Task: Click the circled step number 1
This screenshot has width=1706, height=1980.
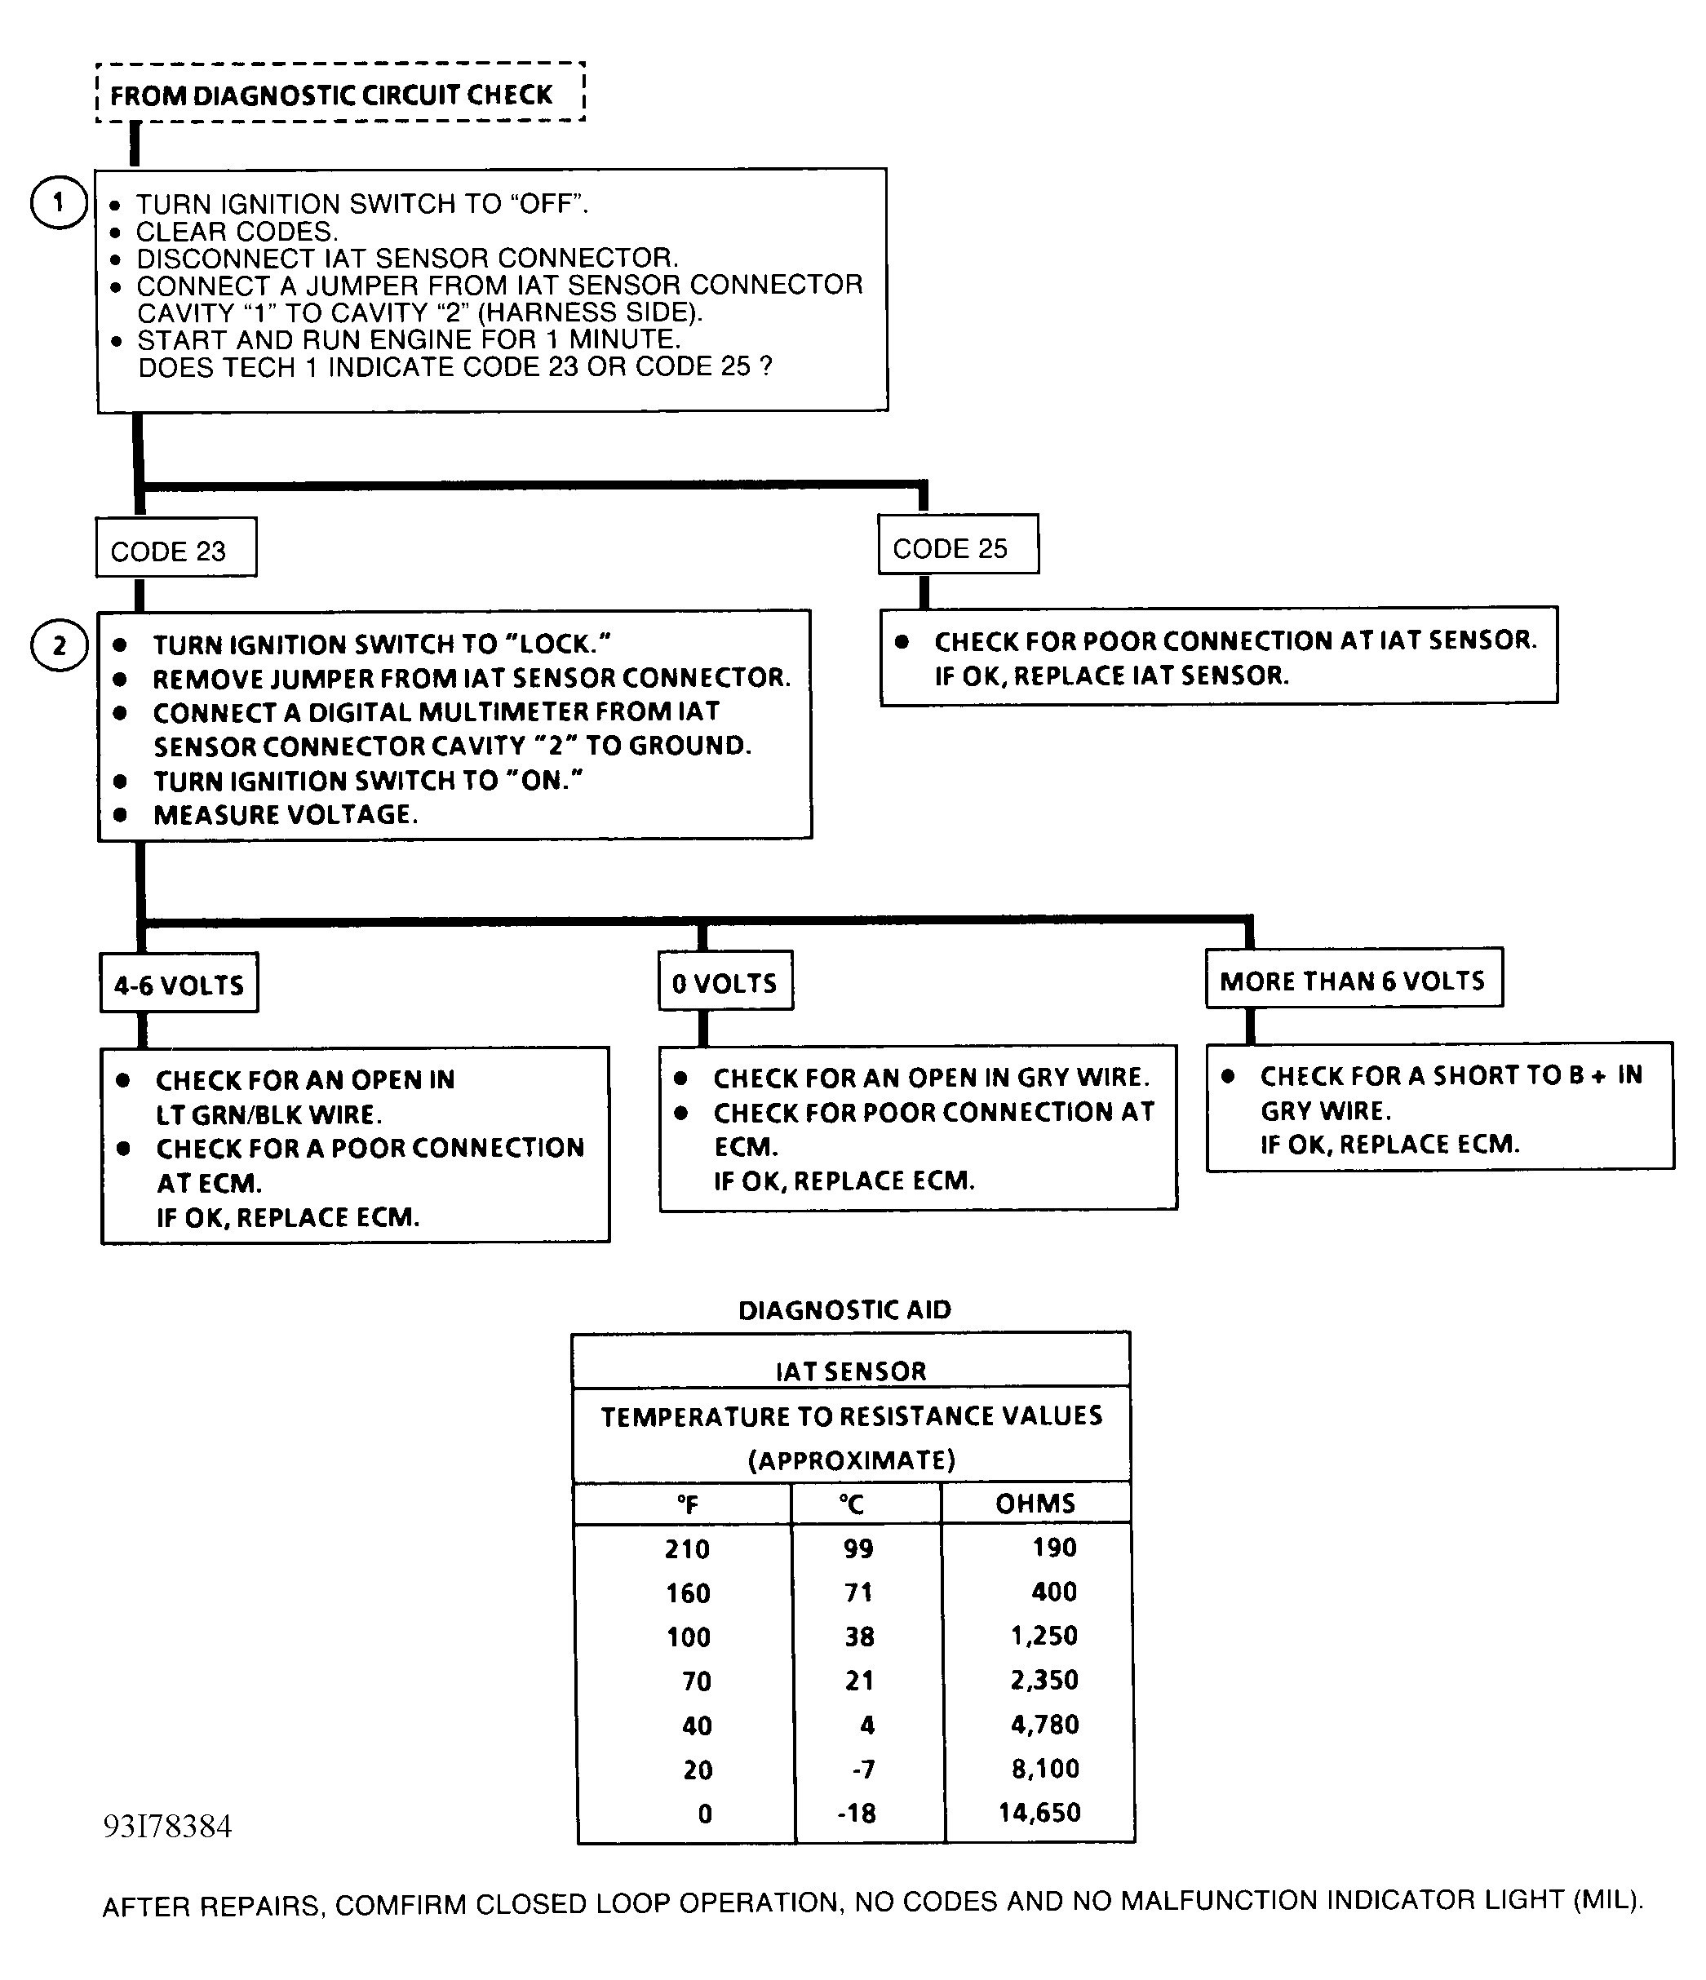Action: (58, 202)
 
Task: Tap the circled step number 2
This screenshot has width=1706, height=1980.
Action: (58, 645)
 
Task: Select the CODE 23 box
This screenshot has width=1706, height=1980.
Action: (176, 547)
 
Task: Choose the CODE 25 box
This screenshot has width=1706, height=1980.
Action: (958, 545)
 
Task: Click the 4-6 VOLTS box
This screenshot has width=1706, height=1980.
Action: (179, 983)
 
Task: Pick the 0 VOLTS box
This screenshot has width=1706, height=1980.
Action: (725, 981)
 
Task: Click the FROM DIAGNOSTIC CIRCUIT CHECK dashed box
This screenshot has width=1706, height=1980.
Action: (339, 94)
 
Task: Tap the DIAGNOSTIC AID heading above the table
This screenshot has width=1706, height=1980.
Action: (845, 1309)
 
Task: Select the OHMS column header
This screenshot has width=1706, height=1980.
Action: (1035, 1504)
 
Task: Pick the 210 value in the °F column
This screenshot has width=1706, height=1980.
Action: (687, 1548)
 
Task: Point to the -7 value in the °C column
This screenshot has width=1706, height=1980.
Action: (862, 1769)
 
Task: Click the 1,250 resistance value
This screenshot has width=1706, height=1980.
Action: (1044, 1635)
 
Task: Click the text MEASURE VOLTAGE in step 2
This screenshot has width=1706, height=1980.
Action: (285, 815)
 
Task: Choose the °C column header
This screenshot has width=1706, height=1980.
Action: (852, 1504)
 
